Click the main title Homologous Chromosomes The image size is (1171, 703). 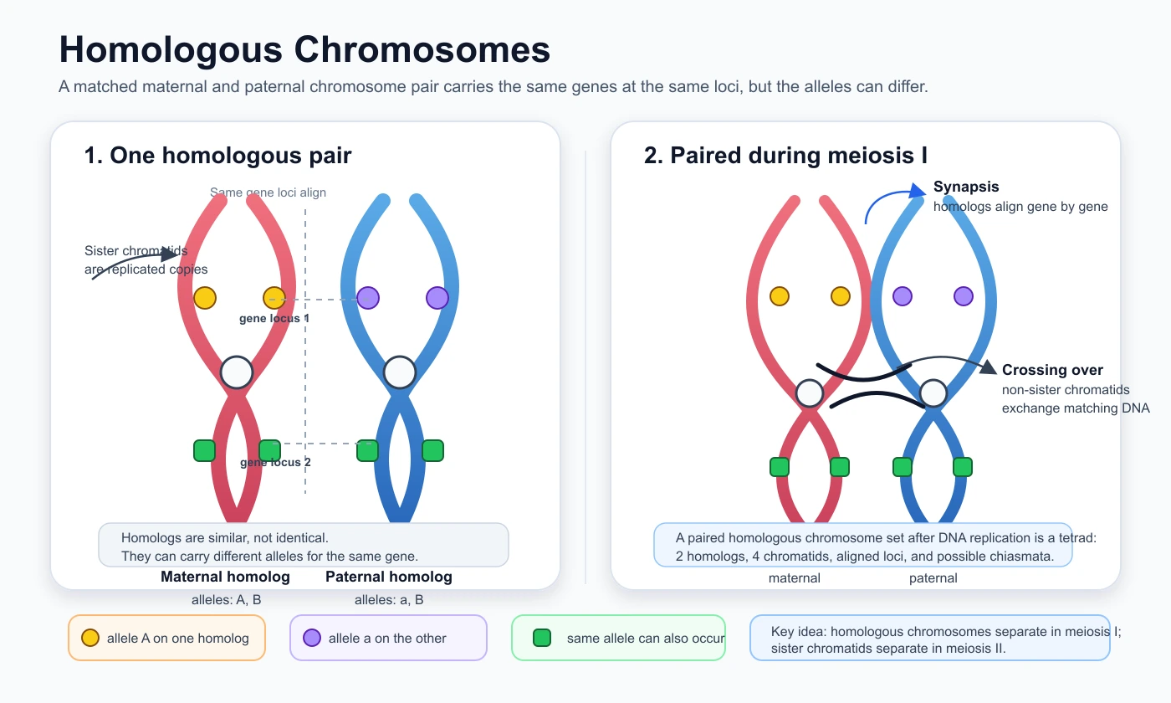[x=304, y=50]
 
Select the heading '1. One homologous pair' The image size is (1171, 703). [x=217, y=156]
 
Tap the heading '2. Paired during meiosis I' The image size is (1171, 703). [x=785, y=156]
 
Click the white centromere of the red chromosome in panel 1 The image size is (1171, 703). [x=237, y=372]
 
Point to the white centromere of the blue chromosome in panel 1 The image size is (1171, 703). [x=400, y=372]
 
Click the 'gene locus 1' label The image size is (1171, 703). [x=274, y=318]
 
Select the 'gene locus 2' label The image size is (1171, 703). [x=275, y=462]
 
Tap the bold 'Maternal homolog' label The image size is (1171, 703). [x=225, y=577]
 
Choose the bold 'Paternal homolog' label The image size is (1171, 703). [x=388, y=577]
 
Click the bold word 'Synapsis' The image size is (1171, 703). [x=966, y=186]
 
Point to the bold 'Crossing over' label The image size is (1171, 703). [x=1052, y=370]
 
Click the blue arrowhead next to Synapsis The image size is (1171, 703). [x=917, y=191]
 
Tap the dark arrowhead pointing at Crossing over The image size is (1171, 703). [x=988, y=367]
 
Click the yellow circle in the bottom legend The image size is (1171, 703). [x=90, y=638]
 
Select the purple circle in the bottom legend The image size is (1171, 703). [x=312, y=638]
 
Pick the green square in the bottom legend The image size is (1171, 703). [x=542, y=638]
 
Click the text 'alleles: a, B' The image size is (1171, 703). [x=389, y=600]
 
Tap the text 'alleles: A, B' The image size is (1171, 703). [x=227, y=600]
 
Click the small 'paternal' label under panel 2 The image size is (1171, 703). [x=933, y=578]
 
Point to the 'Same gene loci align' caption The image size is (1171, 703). [x=268, y=192]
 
